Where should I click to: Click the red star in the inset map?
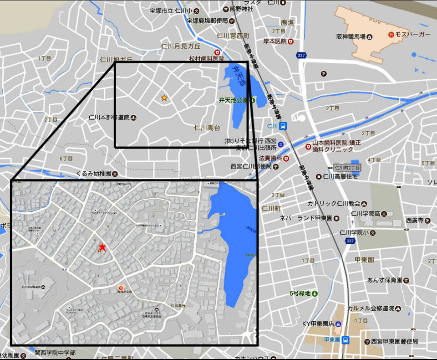click(x=102, y=247)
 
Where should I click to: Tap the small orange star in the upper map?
click(x=164, y=98)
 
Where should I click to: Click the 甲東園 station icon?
click(x=346, y=339)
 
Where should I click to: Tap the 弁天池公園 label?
click(x=233, y=100)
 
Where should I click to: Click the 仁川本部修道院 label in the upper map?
click(x=109, y=118)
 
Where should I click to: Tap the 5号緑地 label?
click(x=300, y=293)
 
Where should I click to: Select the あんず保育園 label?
click(x=384, y=280)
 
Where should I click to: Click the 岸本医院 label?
click(x=274, y=41)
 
